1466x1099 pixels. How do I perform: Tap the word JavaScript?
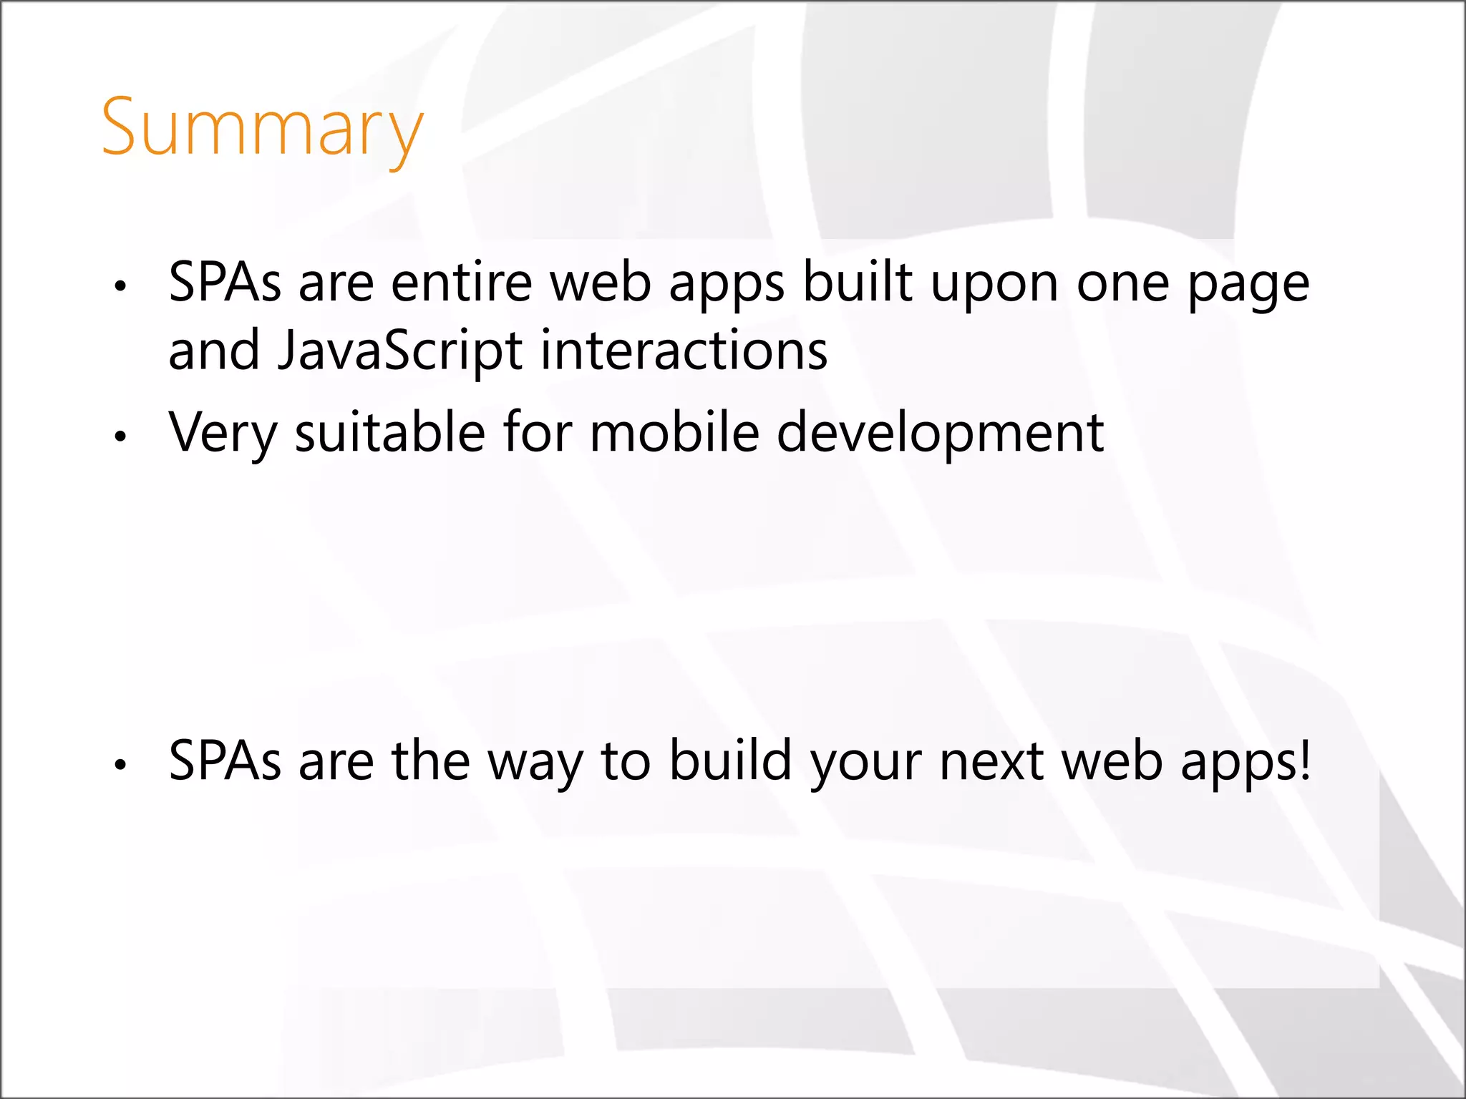[399, 351]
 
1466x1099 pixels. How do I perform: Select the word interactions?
[684, 351]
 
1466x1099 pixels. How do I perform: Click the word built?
[858, 283]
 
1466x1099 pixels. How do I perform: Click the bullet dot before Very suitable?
[120, 436]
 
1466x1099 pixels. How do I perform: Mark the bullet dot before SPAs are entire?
[120, 286]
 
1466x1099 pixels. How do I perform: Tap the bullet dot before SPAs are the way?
[120, 765]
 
